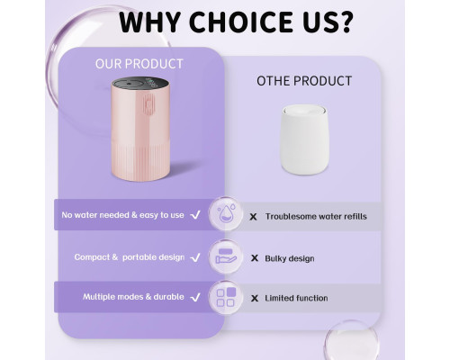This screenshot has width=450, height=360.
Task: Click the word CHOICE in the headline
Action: [x=241, y=22]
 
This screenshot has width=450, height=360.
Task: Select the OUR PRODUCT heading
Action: [x=139, y=64]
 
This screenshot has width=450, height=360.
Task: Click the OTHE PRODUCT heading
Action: [x=304, y=81]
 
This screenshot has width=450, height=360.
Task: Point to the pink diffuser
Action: [x=140, y=129]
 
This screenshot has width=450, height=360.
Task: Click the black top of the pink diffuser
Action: [x=140, y=83]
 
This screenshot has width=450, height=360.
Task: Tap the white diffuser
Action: [x=304, y=139]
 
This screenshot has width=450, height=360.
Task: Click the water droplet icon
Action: [x=226, y=213]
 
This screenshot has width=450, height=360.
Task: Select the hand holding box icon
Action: [x=226, y=256]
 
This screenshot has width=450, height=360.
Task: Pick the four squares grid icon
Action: [x=226, y=297]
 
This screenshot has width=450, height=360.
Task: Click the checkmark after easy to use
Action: [x=195, y=215]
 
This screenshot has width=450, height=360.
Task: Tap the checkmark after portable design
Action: [x=195, y=257]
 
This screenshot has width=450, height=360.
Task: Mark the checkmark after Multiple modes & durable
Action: [x=195, y=297]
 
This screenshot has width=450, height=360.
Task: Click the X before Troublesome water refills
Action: [x=253, y=217]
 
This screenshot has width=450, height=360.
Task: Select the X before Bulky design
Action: [x=255, y=258]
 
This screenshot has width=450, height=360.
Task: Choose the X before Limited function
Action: [x=255, y=298]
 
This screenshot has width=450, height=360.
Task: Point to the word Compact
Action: [x=92, y=257]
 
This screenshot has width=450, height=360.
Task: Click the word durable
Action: [x=168, y=297]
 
